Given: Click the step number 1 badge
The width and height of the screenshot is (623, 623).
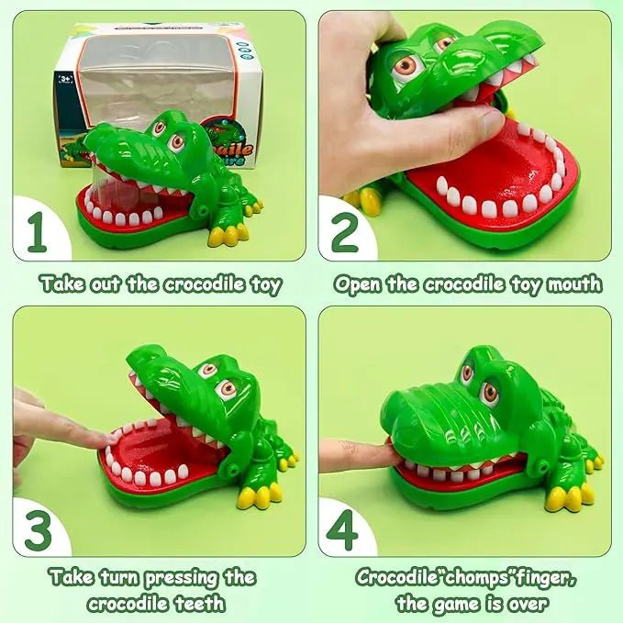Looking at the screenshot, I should pyautogui.click(x=37, y=235).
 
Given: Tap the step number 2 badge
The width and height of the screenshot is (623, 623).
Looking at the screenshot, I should pyautogui.click(x=344, y=235).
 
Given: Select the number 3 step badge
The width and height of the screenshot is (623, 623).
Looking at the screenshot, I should pyautogui.click(x=37, y=532).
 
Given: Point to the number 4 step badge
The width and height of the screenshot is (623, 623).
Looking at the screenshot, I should pyautogui.click(x=344, y=532).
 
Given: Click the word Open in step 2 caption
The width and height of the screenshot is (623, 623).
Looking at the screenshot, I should pyautogui.click(x=358, y=284).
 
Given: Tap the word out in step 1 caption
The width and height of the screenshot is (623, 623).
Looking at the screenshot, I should pyautogui.click(x=106, y=284).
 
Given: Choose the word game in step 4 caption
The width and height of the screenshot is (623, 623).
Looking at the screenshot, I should pyautogui.click(x=455, y=604).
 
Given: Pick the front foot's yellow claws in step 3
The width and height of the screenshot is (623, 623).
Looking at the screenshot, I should pyautogui.click(x=258, y=496).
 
